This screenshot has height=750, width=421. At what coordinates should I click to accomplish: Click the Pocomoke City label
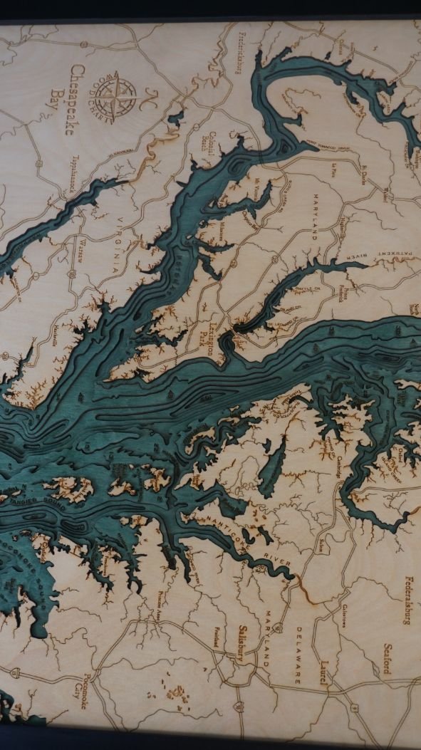point(83,687)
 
